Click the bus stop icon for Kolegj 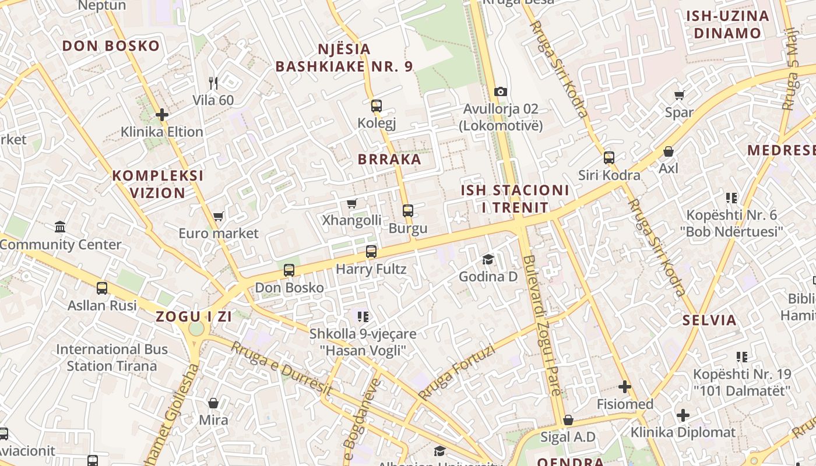(377, 105)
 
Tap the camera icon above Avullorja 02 (500, 91)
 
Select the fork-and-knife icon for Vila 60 (213, 83)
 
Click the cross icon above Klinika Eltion (162, 115)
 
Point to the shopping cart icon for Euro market (219, 216)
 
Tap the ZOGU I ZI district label (194, 317)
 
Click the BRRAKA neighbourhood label (389, 159)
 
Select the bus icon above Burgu (408, 210)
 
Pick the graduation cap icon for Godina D (488, 259)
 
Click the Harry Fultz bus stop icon (371, 252)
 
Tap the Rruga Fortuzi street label (456, 373)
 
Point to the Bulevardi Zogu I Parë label (542, 326)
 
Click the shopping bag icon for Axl (669, 151)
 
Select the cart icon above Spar (679, 95)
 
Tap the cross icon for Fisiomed (625, 386)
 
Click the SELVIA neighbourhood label (709, 320)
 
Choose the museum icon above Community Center (60, 227)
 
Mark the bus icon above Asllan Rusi (102, 288)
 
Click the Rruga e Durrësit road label (282, 369)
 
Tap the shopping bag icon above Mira (213, 403)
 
